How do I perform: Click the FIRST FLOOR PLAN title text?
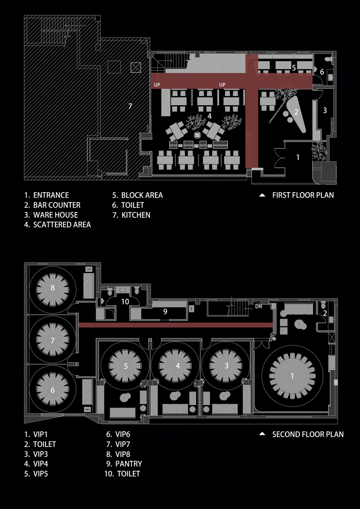click(x=303, y=195)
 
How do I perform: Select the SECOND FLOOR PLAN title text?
click(x=308, y=434)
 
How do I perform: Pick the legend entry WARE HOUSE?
click(x=51, y=215)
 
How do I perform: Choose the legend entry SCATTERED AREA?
click(x=58, y=225)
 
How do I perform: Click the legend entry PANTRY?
click(x=124, y=464)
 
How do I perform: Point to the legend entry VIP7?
click(x=118, y=444)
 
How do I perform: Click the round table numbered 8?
click(x=53, y=288)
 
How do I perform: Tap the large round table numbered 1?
click(x=292, y=376)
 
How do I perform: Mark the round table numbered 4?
click(x=178, y=365)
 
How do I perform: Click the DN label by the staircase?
click(x=259, y=306)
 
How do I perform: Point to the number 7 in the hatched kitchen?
click(x=130, y=106)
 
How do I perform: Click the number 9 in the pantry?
click(x=165, y=311)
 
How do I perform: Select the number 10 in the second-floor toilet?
click(x=125, y=302)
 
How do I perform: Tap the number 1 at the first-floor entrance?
click(x=298, y=158)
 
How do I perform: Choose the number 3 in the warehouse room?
click(x=324, y=110)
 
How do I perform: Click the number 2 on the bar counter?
click(x=296, y=112)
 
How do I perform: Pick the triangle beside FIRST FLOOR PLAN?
click(x=262, y=195)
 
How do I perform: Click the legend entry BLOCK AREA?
click(x=138, y=195)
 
